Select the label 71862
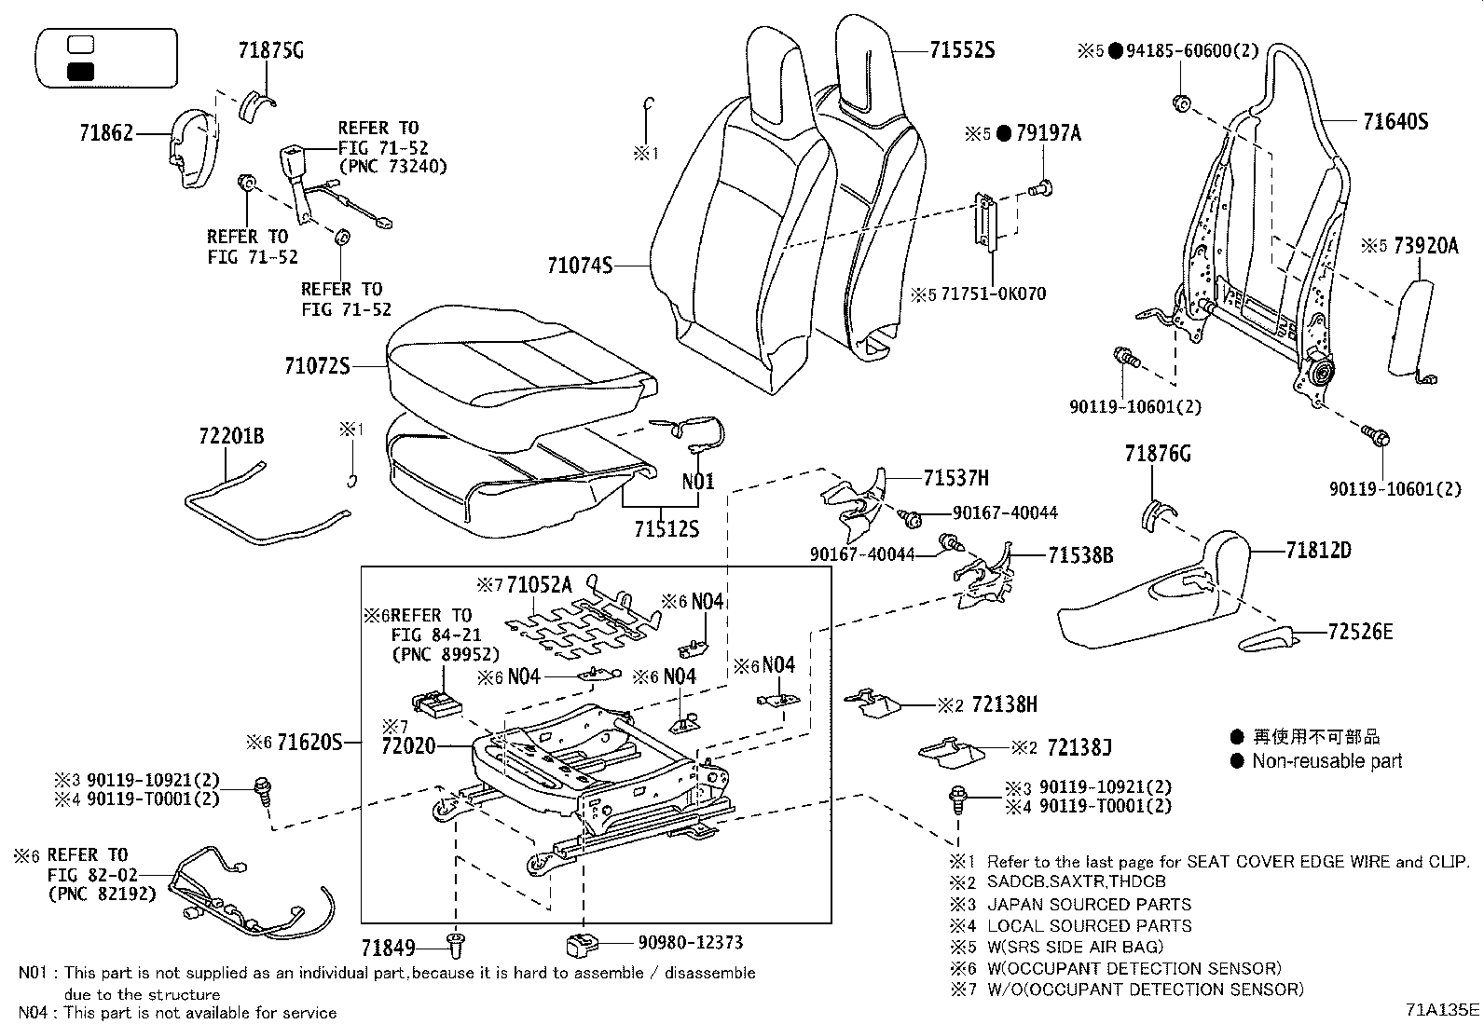106,134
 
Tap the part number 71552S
962,51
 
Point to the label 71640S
1395,121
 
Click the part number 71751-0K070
994,294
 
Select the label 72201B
230,436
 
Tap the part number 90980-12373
691,943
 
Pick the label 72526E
1360,633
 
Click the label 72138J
1079,747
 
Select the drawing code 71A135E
1443,1010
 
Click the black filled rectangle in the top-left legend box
82,72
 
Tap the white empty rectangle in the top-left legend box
82,44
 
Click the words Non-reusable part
1326,761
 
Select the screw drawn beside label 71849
457,945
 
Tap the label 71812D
1318,551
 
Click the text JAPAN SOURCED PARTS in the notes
1089,904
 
